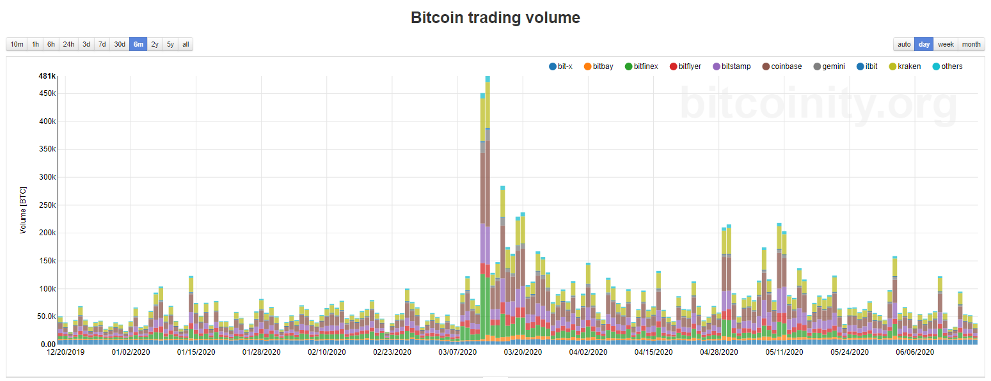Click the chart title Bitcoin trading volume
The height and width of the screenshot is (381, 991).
[495, 18]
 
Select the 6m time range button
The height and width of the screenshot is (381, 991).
[138, 44]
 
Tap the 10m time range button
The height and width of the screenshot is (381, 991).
[17, 44]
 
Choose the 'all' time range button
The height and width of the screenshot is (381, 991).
[186, 44]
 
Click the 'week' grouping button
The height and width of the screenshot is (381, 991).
[946, 44]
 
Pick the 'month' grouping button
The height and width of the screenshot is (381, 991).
[971, 44]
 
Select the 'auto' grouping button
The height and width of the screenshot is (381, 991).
[904, 44]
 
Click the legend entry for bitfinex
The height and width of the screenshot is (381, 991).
[641, 66]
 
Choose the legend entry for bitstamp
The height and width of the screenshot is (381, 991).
[731, 66]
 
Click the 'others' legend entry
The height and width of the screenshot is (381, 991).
[947, 66]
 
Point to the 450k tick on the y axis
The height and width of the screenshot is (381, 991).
[47, 93]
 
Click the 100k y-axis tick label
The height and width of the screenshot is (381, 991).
[47, 289]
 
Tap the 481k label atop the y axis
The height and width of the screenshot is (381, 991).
[47, 76]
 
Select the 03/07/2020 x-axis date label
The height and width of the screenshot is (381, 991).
[457, 352]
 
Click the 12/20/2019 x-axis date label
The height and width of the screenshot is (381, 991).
[65, 352]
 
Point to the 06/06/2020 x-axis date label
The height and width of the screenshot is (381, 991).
[915, 352]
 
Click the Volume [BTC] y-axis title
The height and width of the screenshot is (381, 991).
[23, 211]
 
